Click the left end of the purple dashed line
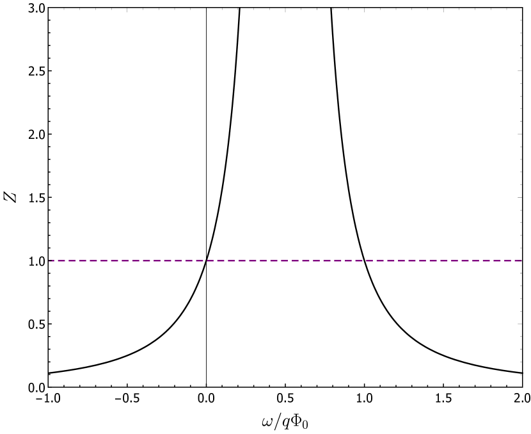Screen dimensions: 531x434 pos(49,261)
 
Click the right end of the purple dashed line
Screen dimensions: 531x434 pos(521,261)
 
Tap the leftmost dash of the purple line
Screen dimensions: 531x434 pos(51,261)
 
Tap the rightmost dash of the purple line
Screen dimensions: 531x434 pos(518,261)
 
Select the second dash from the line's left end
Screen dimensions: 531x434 pos(61,261)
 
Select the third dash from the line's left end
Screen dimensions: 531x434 pos(72,261)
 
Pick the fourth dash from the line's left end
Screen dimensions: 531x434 pos(83,261)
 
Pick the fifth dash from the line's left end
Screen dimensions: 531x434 pos(93,261)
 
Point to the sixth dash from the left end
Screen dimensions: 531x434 pos(104,261)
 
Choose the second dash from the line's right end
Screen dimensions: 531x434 pos(507,261)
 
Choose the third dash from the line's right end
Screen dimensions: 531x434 pos(497,261)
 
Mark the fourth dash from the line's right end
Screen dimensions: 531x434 pos(486,261)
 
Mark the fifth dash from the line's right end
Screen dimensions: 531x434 pos(475,261)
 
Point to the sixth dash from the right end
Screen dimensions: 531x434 pos(465,261)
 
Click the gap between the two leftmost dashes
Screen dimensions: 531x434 pos(56,261)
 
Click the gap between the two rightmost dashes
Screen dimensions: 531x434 pos(512,261)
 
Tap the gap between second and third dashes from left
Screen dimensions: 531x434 pos(67,261)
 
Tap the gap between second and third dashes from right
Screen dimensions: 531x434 pos(502,261)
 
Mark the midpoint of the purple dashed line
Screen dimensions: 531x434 pos(285,261)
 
